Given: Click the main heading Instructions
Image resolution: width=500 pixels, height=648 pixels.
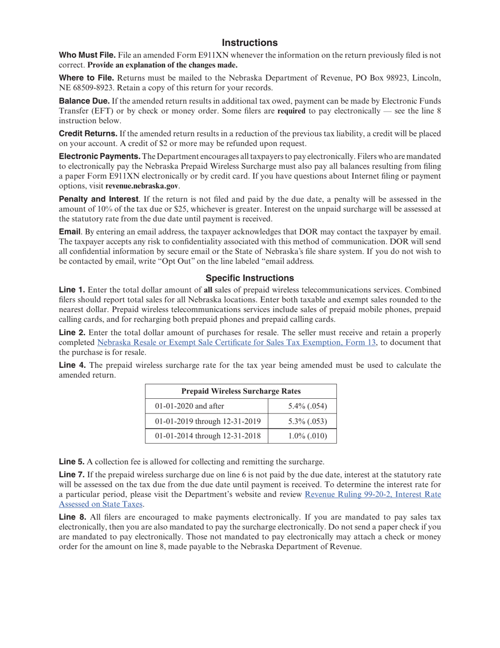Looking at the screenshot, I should pos(249,43).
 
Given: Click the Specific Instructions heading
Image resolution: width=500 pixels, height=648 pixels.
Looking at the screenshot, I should pos(249,278).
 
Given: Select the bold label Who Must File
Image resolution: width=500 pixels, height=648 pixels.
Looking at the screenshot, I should pos(87,55).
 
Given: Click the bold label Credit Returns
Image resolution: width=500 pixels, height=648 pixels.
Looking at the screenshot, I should pos(88,134).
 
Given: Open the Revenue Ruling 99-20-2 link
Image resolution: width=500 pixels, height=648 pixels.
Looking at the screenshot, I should pos(373,494).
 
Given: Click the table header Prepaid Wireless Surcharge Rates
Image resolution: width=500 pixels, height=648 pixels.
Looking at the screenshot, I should pos(241,391).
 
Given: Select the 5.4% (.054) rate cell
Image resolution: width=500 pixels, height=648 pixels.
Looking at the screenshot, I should pos(308,406).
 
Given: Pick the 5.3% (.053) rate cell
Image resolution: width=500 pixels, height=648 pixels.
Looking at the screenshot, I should pos(308,421).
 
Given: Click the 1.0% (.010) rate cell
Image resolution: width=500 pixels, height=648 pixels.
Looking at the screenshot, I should pos(308,436).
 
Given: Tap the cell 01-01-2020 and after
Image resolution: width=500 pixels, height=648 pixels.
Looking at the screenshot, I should pos(190,406).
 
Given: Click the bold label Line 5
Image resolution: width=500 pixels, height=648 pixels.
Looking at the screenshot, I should pos(72,462).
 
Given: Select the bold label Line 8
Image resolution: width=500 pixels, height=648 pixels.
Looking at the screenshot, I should pos(73,517).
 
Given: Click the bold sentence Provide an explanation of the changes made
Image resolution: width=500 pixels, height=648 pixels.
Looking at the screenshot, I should pos(163,65).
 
